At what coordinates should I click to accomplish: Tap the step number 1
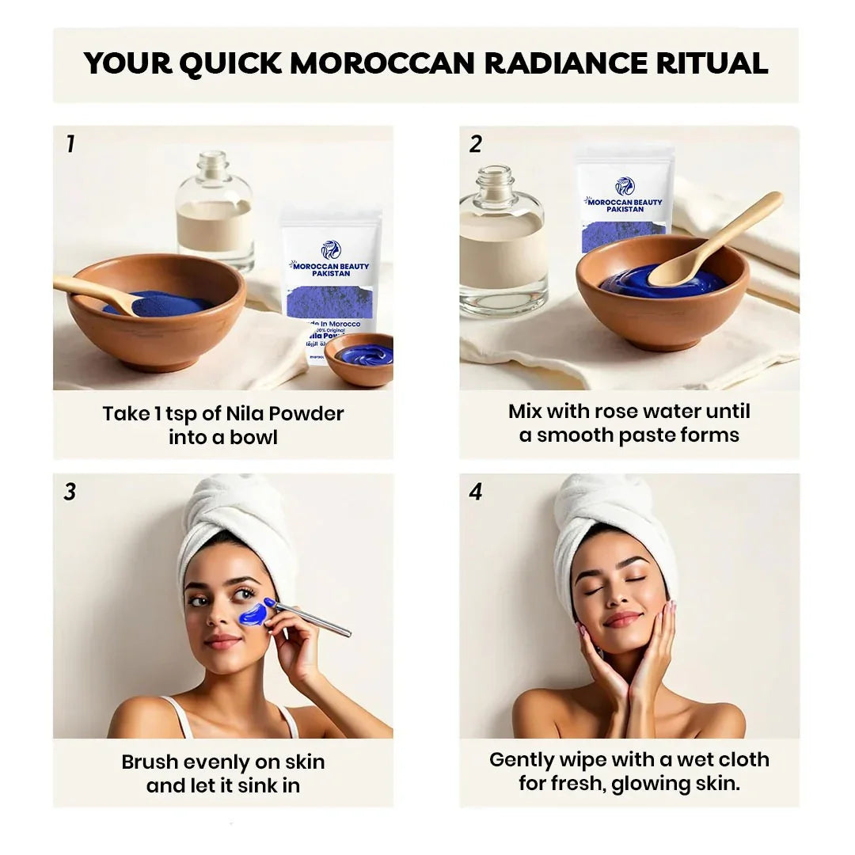[x=70, y=144]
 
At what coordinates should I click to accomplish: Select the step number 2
[x=476, y=144]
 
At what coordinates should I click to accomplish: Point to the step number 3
[x=70, y=492]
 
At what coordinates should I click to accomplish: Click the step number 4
[x=476, y=492]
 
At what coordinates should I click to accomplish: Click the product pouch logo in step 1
[x=330, y=249]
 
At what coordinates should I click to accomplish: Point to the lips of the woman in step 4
[x=622, y=620]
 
